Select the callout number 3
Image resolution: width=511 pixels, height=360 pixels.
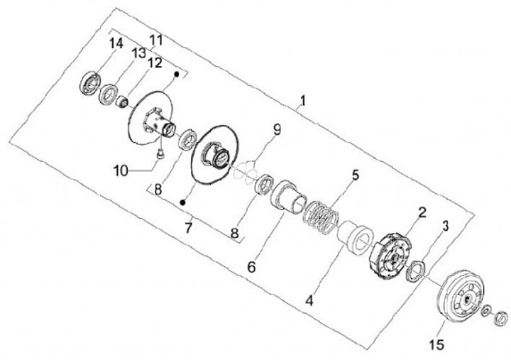(445, 226)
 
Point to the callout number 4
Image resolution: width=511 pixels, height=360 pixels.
(309, 300)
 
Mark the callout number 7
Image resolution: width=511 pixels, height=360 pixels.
(188, 229)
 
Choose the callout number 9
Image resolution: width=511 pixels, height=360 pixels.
(277, 129)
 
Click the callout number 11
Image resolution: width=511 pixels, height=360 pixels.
(155, 39)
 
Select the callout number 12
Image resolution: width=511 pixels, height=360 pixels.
(155, 62)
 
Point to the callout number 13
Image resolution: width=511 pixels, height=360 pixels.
(138, 53)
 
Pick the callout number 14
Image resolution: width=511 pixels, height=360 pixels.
(116, 44)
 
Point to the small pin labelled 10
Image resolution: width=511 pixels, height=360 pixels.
(160, 151)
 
